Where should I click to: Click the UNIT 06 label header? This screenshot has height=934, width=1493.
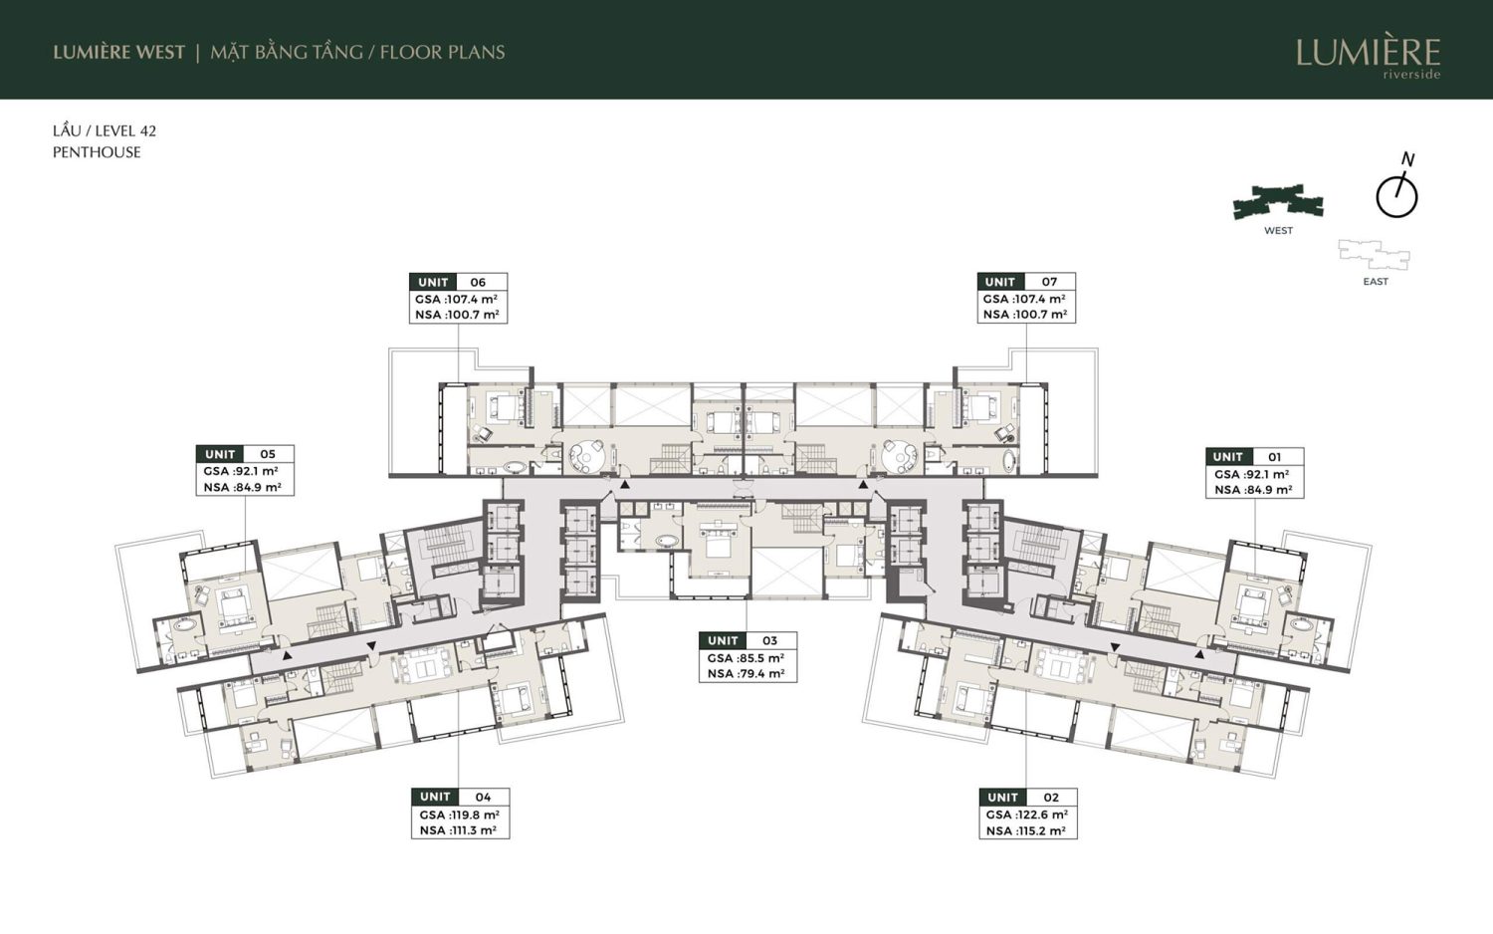coord(458,282)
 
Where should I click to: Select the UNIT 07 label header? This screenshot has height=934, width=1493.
coord(1026,282)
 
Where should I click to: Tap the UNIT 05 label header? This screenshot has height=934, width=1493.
coord(245,454)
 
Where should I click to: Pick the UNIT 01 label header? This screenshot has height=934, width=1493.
coord(1254,457)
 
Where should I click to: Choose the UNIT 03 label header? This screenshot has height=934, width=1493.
coord(747,640)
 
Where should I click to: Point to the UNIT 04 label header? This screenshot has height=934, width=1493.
coord(460,797)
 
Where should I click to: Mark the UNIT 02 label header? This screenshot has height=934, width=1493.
coord(1028,798)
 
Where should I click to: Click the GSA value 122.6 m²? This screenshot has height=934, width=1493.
coord(1043,815)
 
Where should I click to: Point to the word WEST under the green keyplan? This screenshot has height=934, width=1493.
coord(1278,231)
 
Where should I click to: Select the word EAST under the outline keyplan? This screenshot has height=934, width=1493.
coord(1376,282)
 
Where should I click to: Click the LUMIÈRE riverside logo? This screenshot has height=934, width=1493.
coord(1368,58)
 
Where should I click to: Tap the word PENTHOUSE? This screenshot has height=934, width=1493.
coord(97,152)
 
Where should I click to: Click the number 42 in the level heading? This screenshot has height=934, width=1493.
coord(148,130)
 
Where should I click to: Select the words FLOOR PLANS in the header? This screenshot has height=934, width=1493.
coord(443,52)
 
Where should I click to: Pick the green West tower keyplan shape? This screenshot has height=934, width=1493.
coord(1278,203)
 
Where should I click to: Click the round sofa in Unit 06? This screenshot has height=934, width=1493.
coord(586,455)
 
